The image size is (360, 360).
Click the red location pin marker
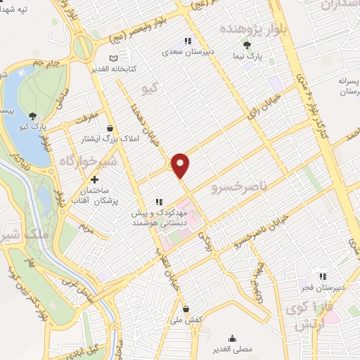(x=181, y=165)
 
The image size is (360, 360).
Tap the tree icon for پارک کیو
(x=33, y=116)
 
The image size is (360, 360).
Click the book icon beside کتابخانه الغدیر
(x=114, y=58)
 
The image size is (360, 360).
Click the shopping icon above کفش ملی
(x=186, y=309)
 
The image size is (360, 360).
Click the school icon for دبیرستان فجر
(x=323, y=276)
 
